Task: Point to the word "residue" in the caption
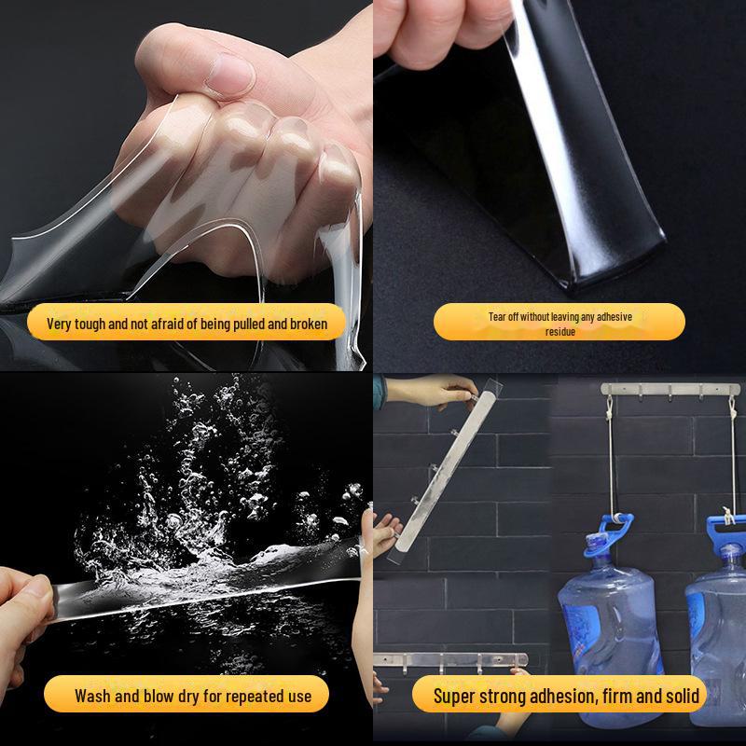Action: pyautogui.click(x=559, y=331)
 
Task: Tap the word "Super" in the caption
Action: pyautogui.click(x=458, y=695)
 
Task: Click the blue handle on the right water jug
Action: pyautogui.click(x=722, y=532)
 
